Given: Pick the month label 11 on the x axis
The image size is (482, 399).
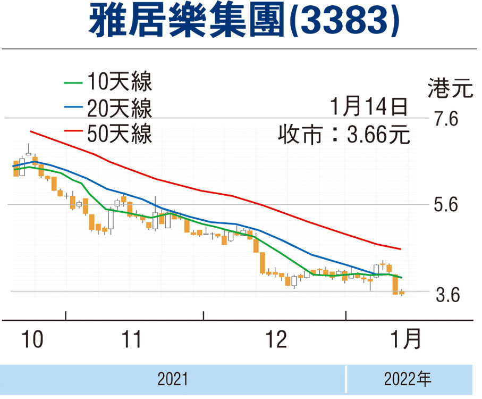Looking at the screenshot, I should coord(131,339).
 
